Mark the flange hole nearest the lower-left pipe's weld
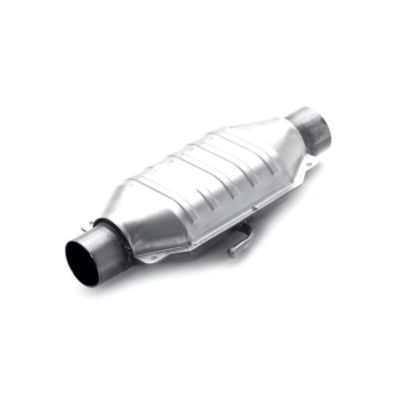tap(153, 257)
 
